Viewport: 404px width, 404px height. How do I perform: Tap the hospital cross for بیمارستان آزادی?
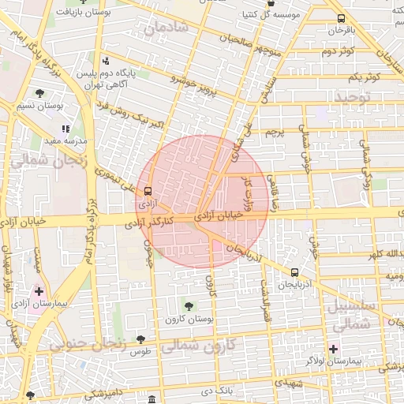click(39, 291)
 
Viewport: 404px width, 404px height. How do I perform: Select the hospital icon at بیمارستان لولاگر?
click(333, 348)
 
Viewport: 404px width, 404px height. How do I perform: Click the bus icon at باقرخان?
click(340, 18)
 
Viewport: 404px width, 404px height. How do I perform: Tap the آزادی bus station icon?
click(147, 190)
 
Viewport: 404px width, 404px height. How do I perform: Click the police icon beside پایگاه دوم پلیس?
click(106, 62)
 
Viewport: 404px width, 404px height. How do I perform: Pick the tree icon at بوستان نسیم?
click(39, 93)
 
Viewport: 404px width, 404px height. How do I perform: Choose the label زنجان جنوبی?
click(88, 344)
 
